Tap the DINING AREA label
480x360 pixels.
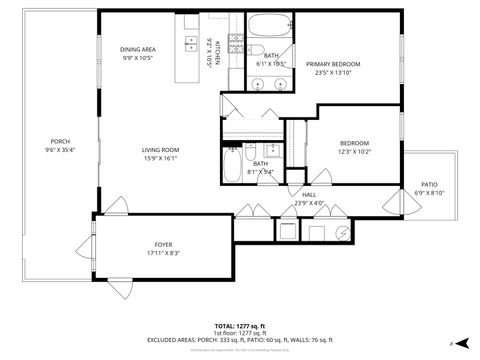[137, 49]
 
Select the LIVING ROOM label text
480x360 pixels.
[159, 150]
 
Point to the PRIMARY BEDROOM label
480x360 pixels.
[334, 64]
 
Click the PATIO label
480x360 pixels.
[429, 185]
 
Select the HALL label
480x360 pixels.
[309, 195]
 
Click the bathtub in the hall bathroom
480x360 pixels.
[233, 160]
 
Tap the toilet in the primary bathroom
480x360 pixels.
[256, 52]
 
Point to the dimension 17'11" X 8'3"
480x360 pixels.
[163, 254]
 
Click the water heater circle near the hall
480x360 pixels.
[343, 231]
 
